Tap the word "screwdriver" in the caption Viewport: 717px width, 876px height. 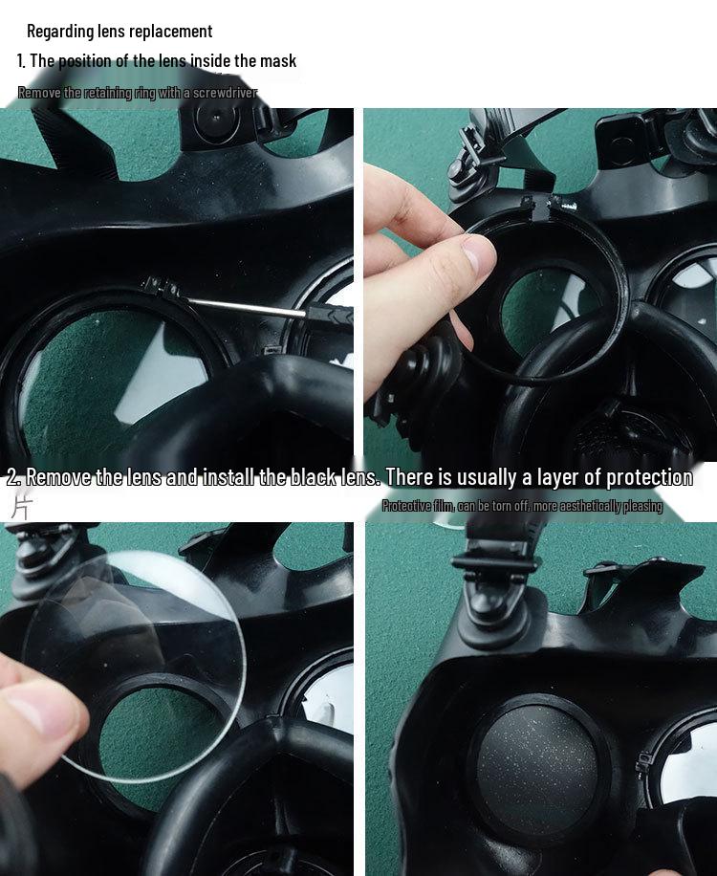click(225, 93)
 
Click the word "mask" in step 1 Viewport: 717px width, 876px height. click(277, 60)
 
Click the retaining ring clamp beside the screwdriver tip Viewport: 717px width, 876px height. click(160, 286)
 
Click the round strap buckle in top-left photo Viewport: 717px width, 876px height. click(218, 121)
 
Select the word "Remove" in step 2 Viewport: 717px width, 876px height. click(58, 477)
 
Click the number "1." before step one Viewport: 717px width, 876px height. click(21, 60)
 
